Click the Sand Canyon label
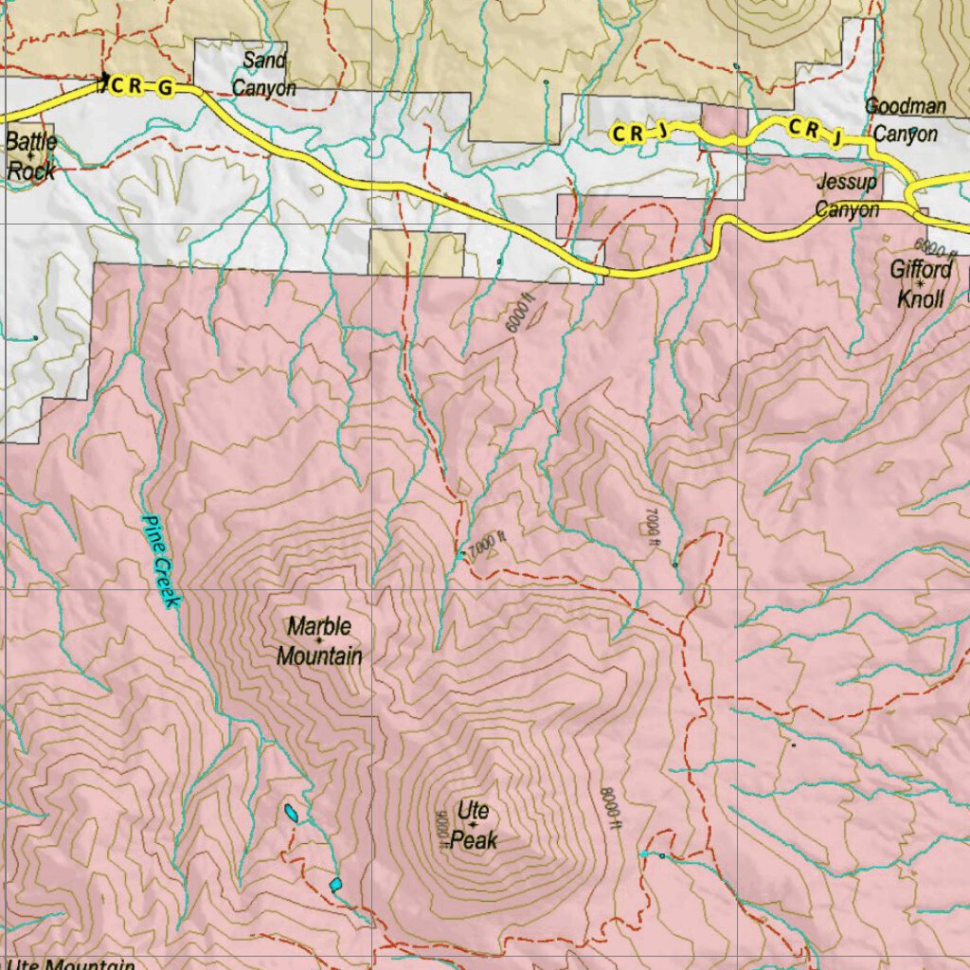click(263, 75)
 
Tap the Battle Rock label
click(30, 157)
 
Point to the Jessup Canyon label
click(847, 196)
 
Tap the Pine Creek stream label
click(160, 561)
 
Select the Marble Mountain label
click(319, 640)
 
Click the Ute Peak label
click(473, 824)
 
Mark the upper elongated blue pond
click(292, 812)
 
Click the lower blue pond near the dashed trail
click(335, 884)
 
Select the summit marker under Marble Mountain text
click(319, 641)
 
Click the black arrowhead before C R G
click(104, 80)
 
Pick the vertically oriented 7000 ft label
click(650, 527)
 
